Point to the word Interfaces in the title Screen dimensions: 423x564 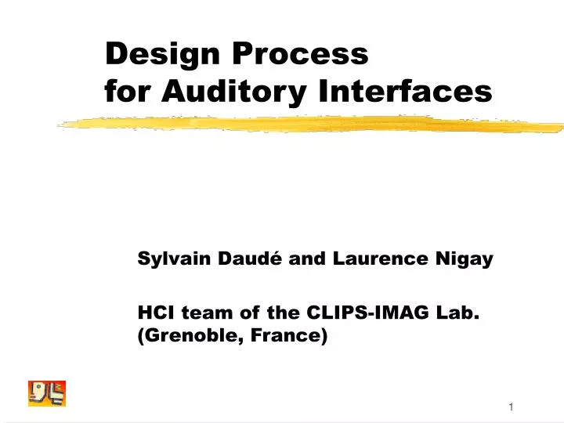pyautogui.click(x=406, y=92)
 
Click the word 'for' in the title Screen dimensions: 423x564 pyautogui.click(x=128, y=92)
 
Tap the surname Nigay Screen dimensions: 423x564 pyautogui.click(x=466, y=260)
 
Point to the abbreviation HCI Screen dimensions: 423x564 pyautogui.click(x=154, y=313)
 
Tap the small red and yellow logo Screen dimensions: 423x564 pyautogui.click(x=47, y=392)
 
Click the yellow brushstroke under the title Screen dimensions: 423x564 pyautogui.click(x=313, y=124)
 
